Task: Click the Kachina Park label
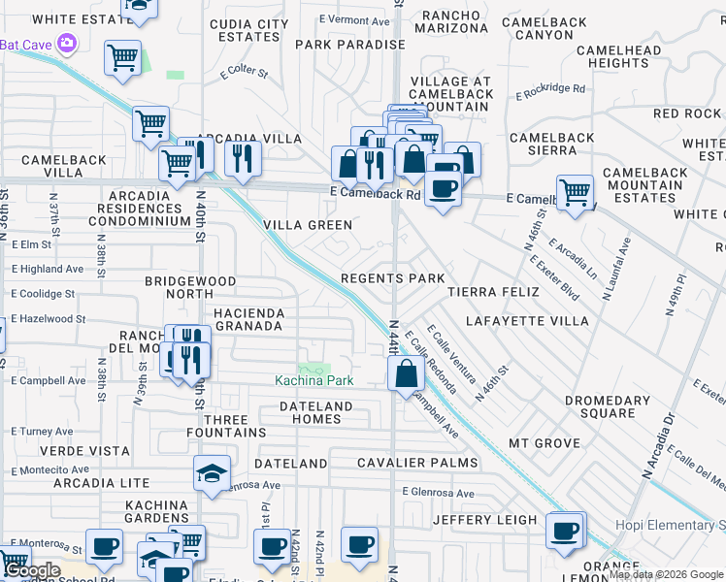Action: point(313,381)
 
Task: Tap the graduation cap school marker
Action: point(212,474)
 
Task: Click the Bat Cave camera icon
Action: point(67,43)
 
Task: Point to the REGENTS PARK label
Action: point(392,278)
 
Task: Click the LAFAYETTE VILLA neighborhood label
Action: point(527,320)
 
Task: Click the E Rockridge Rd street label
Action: point(550,91)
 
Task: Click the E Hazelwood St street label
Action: point(49,318)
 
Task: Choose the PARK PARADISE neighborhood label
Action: point(349,45)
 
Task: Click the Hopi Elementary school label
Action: point(670,526)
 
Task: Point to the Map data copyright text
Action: point(666,574)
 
